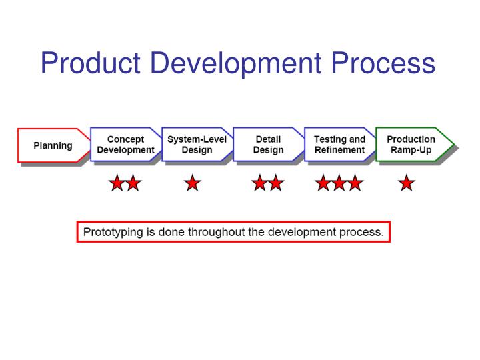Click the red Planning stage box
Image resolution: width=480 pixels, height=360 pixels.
point(53,145)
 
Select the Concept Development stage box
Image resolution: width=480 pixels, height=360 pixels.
point(125,145)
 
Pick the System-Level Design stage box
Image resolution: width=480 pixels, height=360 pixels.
point(197,145)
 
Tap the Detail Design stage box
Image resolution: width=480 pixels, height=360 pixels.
point(268,145)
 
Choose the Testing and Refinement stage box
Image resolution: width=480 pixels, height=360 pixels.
point(339,145)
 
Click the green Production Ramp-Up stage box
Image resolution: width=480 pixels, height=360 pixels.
point(411,145)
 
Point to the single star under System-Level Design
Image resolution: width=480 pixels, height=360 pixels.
point(193,183)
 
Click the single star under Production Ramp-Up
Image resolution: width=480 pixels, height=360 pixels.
point(406,183)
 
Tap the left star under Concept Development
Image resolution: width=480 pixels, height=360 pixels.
point(117,183)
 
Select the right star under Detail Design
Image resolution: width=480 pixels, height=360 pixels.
point(275,183)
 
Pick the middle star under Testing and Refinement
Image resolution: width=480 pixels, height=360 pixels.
point(339,183)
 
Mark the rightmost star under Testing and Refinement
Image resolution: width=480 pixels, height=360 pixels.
point(355,183)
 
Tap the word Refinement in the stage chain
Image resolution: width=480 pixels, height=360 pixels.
point(340,150)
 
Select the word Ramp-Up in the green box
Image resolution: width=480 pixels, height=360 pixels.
point(411,150)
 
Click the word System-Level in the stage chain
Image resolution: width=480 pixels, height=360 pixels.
point(197,139)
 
